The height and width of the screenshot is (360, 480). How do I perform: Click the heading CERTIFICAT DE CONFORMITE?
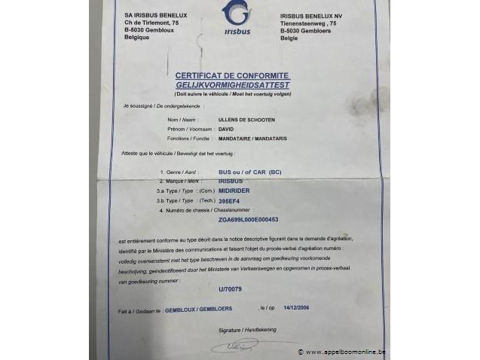pyautogui.click(x=233, y=75)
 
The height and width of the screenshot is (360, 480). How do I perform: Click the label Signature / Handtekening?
pyautogui.click(x=245, y=330)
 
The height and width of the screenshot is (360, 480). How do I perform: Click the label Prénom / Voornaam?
pyautogui.click(x=189, y=130)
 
